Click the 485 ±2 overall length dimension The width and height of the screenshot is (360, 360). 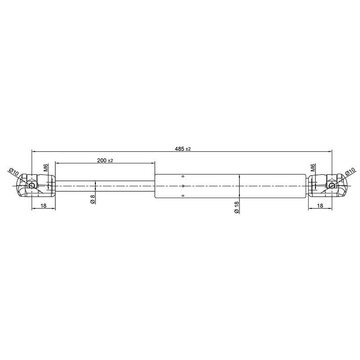coord(183,149)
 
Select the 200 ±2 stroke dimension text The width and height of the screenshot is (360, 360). coord(105,161)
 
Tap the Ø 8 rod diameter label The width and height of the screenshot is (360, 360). coord(93,199)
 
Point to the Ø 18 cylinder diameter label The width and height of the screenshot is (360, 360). coord(237,207)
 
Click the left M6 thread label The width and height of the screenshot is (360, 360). coord(46,167)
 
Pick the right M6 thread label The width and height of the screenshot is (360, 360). coord(313,167)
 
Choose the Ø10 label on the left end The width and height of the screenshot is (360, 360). coord(13,172)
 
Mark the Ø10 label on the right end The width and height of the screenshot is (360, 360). coord(350,172)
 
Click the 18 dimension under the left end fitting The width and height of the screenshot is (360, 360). coord(43,206)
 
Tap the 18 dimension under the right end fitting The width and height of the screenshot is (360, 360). coord(320,206)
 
